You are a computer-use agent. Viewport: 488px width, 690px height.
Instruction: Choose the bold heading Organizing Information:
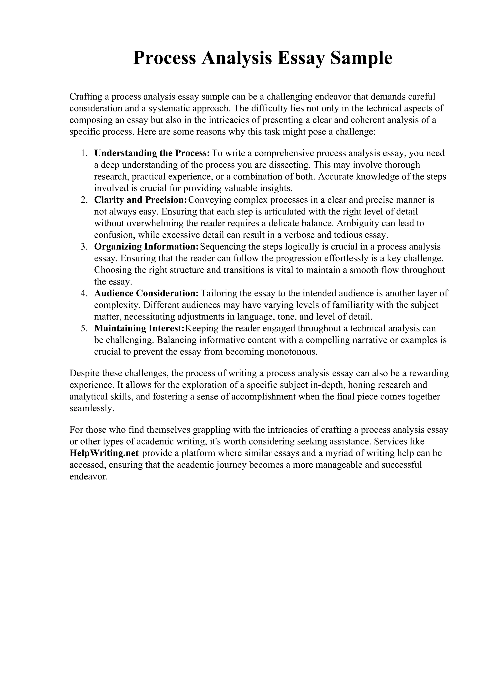point(147,246)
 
